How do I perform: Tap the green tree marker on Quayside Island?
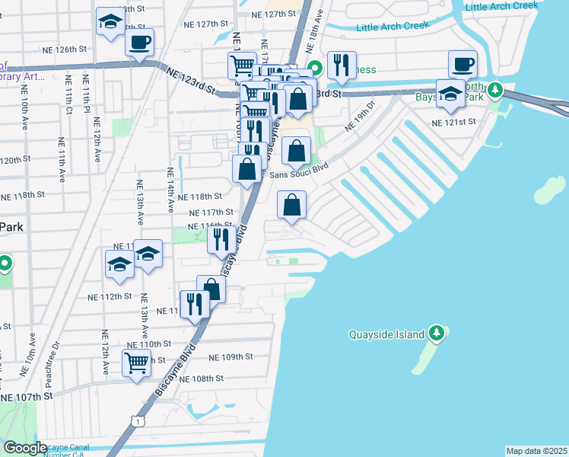coord(436,333)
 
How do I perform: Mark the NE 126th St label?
coord(68,50)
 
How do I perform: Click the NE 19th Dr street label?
coord(360,114)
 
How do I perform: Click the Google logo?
coord(24,448)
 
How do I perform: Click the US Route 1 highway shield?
coord(136,420)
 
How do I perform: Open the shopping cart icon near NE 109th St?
coord(136,362)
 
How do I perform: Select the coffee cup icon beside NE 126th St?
coord(139,44)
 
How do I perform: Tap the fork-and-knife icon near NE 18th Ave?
coord(342,66)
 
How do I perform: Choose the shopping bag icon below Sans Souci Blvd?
coord(291,205)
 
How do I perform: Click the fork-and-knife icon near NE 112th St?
coord(194,304)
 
